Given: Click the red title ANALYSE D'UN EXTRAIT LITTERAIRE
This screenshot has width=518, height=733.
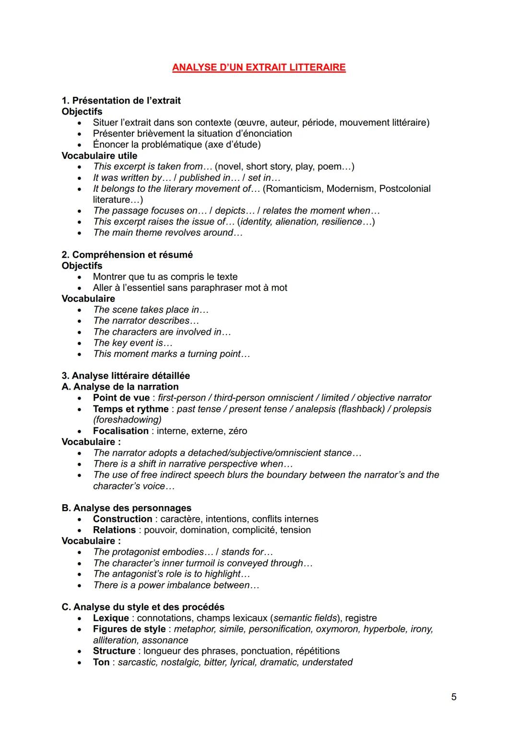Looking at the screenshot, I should (259, 67).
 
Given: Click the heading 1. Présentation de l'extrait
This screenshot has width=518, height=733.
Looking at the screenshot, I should (121, 101).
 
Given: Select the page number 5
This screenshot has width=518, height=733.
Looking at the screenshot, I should (454, 697).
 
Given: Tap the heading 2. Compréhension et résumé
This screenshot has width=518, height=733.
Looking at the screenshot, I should (127, 255).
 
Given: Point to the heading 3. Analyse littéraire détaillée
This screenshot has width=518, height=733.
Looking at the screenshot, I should (126, 376).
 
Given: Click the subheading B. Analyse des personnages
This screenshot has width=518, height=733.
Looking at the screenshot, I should (126, 508).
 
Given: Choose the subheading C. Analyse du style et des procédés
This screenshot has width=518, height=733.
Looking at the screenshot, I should (143, 607).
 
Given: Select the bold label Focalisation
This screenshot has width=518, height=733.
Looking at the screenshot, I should (121, 431).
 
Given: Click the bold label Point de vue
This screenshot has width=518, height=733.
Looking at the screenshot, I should (121, 398).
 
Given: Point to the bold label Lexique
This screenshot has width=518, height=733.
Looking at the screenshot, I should (111, 618).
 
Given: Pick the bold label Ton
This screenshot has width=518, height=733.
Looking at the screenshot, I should (101, 662).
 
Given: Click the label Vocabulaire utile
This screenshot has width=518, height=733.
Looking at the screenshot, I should (99, 156).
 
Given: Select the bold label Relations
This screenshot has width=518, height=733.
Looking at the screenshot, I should (114, 530).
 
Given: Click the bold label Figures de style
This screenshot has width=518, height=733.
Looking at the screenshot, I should (129, 629).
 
